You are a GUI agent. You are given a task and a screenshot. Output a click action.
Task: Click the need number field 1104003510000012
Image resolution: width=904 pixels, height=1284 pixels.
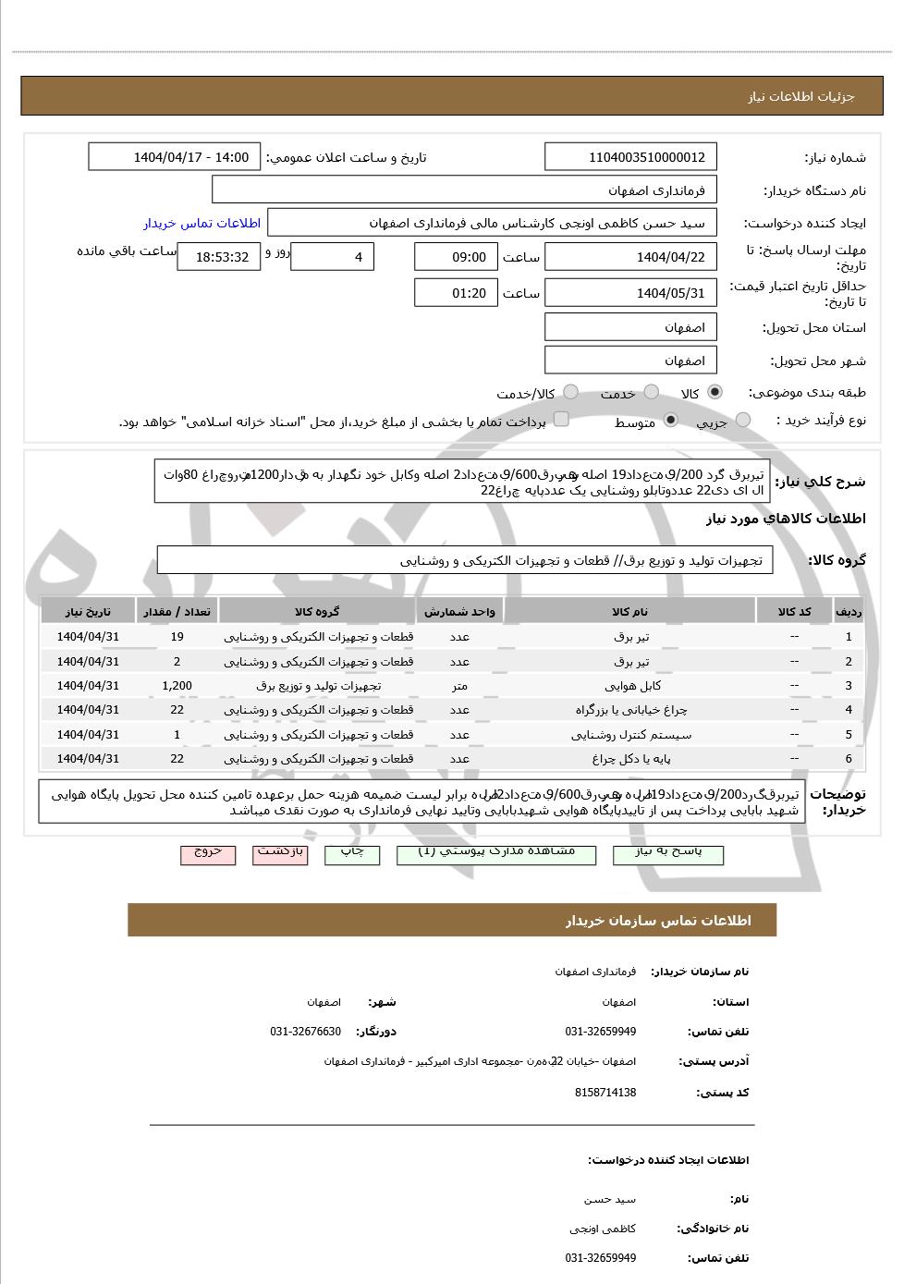click(x=631, y=157)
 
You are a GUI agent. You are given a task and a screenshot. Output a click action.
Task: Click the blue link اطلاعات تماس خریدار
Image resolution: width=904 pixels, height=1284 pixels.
click(x=202, y=223)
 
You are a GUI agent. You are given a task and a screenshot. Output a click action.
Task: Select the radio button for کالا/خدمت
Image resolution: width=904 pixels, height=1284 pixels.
click(x=571, y=393)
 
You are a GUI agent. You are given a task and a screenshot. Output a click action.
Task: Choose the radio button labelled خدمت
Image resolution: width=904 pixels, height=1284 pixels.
click(x=652, y=393)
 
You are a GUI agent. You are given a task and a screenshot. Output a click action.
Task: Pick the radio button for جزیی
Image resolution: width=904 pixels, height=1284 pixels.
click(x=743, y=421)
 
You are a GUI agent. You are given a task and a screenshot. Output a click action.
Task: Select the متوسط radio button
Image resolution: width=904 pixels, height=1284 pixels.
click(x=670, y=421)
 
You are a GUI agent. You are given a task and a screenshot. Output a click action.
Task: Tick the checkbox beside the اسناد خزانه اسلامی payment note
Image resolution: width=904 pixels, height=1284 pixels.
click(x=560, y=421)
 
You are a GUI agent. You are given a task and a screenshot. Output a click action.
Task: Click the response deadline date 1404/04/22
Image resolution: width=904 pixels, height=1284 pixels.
click(x=631, y=257)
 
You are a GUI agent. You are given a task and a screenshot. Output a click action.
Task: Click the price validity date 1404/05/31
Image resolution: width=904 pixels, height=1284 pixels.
click(x=631, y=293)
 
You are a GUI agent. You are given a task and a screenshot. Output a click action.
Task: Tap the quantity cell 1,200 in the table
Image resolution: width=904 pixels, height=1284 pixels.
click(x=177, y=686)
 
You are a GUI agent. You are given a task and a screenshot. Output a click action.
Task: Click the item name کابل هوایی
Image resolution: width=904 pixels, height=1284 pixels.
click(x=632, y=686)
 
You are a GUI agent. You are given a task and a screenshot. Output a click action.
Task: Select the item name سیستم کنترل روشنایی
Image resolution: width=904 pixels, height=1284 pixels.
click(x=632, y=735)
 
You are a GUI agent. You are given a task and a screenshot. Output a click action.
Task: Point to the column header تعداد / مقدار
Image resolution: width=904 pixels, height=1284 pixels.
click(x=177, y=612)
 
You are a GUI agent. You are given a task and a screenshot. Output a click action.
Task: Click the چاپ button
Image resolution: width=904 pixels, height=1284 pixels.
click(x=352, y=853)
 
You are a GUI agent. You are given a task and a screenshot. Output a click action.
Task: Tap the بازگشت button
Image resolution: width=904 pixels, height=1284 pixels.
click(x=281, y=853)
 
